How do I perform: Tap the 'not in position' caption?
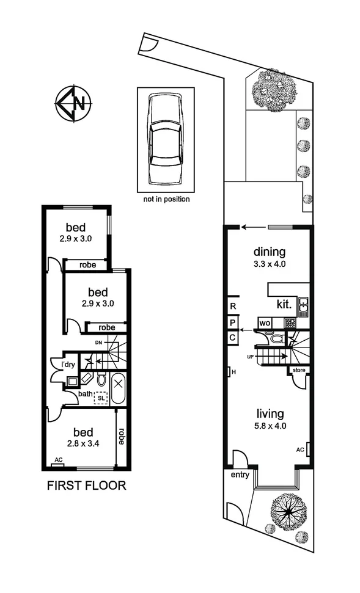click(x=166, y=199)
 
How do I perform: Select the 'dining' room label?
click(x=270, y=252)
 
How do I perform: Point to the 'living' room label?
click(x=270, y=415)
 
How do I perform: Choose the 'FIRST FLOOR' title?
click(x=86, y=486)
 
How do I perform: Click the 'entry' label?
click(x=240, y=475)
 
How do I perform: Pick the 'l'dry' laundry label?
click(x=68, y=365)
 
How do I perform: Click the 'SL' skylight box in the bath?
click(x=100, y=398)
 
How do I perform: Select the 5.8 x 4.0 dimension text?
click(x=270, y=427)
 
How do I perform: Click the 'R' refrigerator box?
click(x=233, y=306)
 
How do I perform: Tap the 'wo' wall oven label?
click(x=264, y=322)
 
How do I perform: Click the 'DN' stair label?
click(x=98, y=343)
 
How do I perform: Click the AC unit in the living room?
click(x=308, y=449)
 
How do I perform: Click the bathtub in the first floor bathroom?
click(x=118, y=388)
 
